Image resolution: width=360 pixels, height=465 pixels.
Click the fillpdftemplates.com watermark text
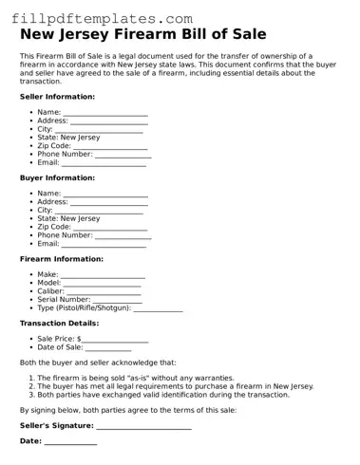click(104, 18)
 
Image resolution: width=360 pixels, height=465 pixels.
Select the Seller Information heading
click(57, 97)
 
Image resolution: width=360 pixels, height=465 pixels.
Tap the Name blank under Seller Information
click(105, 114)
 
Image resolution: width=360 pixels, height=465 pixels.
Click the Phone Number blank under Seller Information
click(123, 155)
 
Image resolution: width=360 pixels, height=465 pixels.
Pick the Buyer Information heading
click(57, 177)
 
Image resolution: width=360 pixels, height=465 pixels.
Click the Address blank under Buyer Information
click(109, 203)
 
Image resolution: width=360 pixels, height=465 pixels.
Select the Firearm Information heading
click(62, 259)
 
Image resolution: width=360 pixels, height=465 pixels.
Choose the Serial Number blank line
click(118, 301)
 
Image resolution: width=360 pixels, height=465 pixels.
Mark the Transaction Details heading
click(59, 324)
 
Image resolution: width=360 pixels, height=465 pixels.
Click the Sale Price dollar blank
click(115, 340)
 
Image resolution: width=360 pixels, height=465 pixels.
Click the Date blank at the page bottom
click(70, 443)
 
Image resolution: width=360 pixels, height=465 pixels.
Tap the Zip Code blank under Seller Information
click(110, 146)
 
